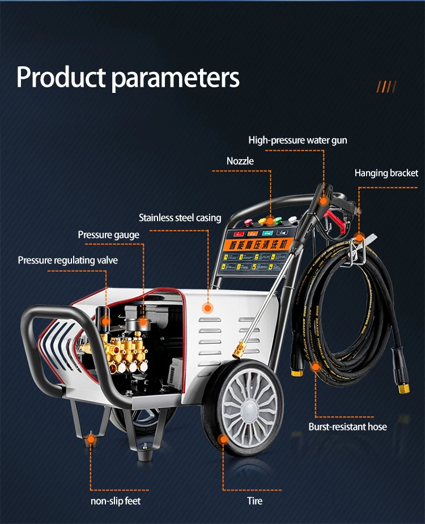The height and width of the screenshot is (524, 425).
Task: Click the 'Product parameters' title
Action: (x=128, y=78)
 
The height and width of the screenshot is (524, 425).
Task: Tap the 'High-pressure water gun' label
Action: (x=297, y=140)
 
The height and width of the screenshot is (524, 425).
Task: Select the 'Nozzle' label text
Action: (x=240, y=161)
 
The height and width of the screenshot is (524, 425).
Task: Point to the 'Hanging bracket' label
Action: (x=386, y=173)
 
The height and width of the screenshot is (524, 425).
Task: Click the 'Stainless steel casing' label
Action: (x=180, y=218)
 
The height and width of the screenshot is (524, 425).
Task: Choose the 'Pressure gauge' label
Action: (x=108, y=235)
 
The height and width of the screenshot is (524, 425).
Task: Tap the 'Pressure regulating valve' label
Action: (x=68, y=260)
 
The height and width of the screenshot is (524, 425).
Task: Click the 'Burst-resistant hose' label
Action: (x=347, y=427)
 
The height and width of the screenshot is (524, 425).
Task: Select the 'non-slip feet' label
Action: (x=116, y=501)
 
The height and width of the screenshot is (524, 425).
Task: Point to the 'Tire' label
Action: (x=254, y=501)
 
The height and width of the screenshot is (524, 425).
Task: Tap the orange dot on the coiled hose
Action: (x=315, y=367)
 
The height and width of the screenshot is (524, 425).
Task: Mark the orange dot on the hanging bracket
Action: (x=359, y=237)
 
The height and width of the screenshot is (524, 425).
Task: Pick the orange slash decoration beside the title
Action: (x=386, y=87)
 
